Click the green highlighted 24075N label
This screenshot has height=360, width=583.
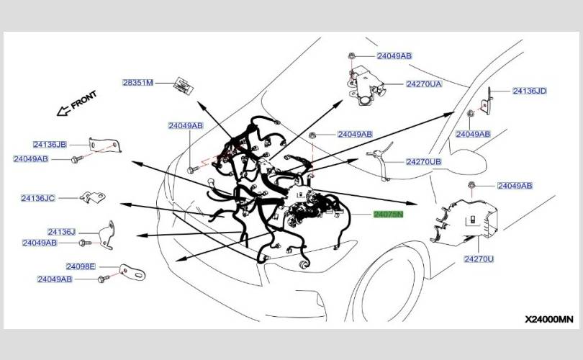coord(388,215)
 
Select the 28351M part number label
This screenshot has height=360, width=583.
coord(138,83)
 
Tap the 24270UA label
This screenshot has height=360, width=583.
coord(424,84)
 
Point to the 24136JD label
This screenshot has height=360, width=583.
coord(530,91)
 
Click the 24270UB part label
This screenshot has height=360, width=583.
coord(423,162)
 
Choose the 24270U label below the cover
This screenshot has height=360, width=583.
coord(479,259)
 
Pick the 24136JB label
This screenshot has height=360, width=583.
coord(50,144)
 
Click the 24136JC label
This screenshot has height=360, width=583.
coord(38,198)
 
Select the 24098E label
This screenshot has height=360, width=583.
coord(81,266)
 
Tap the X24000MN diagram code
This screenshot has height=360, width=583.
coord(549,319)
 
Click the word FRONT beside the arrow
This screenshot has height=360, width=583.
coord(83,99)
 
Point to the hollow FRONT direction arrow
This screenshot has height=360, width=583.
coord(63,110)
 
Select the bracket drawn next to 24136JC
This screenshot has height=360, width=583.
coord(93,197)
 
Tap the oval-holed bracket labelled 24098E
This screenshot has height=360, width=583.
coord(132,272)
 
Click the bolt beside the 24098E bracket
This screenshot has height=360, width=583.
coord(103,279)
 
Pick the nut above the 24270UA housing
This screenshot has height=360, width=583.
coord(351,56)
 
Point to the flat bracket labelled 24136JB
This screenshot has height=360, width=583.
coord(105,144)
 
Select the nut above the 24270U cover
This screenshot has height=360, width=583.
coord(471,185)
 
